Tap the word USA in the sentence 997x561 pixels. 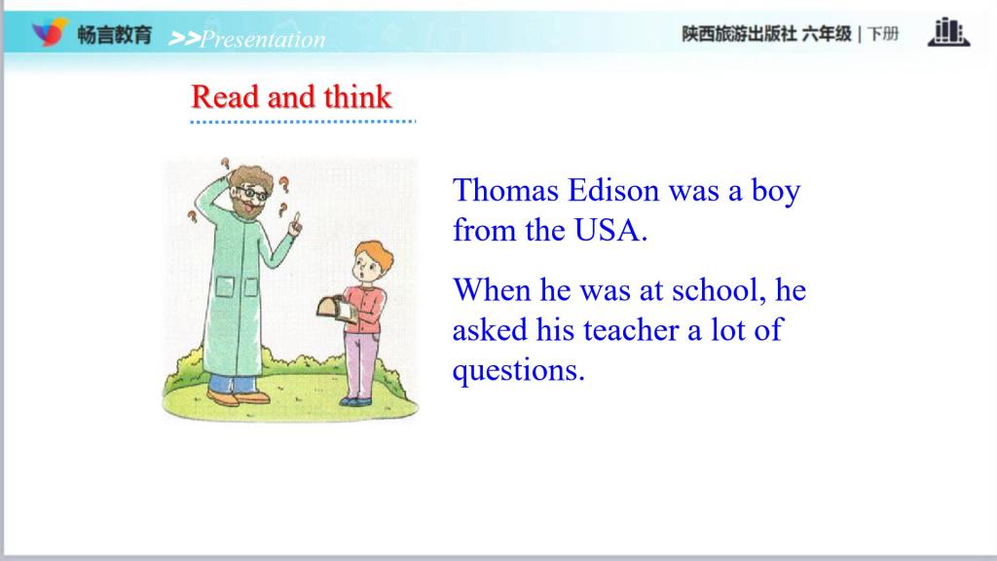(x=607, y=230)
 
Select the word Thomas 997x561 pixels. (x=505, y=190)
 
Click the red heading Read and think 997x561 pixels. (x=291, y=96)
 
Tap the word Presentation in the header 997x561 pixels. (x=263, y=39)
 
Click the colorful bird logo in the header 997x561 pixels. (x=49, y=32)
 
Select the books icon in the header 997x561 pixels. (x=948, y=32)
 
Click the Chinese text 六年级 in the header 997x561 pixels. (x=826, y=34)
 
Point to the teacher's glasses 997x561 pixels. (x=252, y=192)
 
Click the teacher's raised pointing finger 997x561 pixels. (x=295, y=222)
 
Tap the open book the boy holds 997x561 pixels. (x=336, y=309)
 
